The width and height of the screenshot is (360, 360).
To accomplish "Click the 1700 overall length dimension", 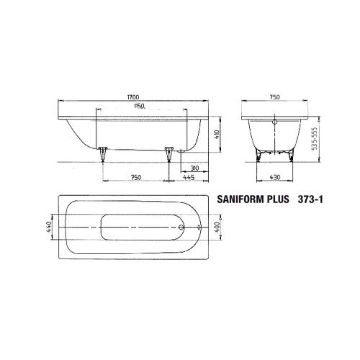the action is click(x=133, y=97).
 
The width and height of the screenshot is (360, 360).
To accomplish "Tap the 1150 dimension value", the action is click(x=140, y=106).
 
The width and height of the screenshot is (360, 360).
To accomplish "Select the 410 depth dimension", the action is click(x=217, y=135).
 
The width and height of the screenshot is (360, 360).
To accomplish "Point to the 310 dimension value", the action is click(x=194, y=168).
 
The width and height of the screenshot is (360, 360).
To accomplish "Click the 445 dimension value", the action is click(x=189, y=178).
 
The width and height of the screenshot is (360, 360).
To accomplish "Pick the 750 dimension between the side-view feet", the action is click(x=135, y=178).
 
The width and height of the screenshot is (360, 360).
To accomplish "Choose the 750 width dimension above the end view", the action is click(x=275, y=97).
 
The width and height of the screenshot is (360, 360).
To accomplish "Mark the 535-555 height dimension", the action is click(x=315, y=138).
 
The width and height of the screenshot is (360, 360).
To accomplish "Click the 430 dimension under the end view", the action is click(x=275, y=177).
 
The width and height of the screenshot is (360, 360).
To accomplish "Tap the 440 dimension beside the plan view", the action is click(x=48, y=227).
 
